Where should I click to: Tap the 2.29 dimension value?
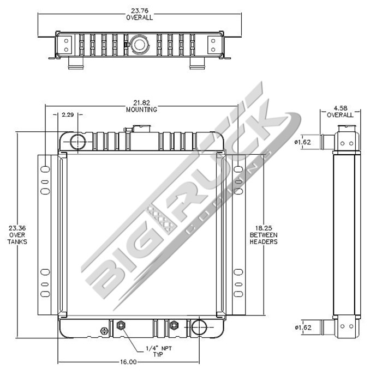tap(68, 114)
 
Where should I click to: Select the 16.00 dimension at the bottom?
tap(128, 361)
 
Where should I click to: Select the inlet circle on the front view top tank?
tap(77, 142)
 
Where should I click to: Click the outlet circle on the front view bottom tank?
tap(200, 328)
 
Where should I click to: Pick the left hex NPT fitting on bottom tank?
tap(121, 326)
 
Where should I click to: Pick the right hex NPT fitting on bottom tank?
tap(174, 326)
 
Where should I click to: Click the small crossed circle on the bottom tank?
tap(105, 330)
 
